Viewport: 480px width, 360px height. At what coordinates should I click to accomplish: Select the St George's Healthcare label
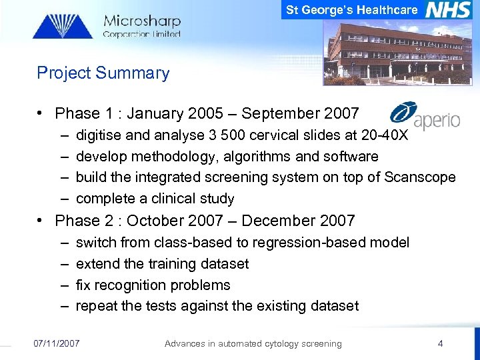coord(352,9)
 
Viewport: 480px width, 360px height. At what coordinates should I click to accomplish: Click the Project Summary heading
coord(103,73)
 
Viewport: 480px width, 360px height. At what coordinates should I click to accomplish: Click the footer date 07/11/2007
coord(57,343)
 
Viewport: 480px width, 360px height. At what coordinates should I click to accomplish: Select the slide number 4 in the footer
coord(440,343)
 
